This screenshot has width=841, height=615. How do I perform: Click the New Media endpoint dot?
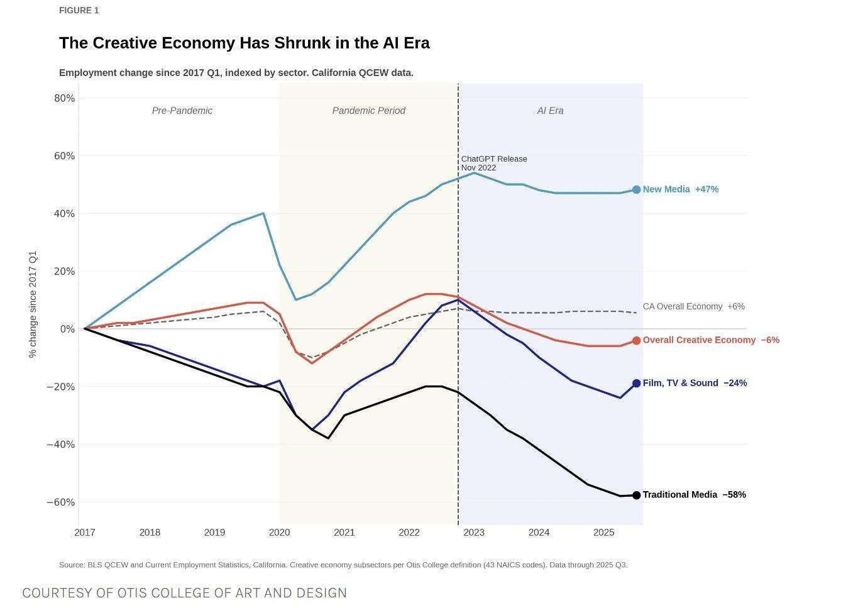[x=636, y=189]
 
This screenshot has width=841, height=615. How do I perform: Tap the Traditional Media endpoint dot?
[x=636, y=496]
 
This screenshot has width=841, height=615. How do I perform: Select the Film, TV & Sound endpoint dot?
[x=636, y=383]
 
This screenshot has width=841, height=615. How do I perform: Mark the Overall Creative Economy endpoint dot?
[x=636, y=340]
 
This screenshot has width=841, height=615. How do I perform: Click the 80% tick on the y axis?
[x=64, y=98]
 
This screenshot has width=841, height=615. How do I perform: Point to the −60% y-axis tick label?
[x=60, y=502]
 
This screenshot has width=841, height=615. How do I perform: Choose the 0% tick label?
[x=67, y=329]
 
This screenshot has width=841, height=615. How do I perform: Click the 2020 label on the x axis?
[x=279, y=533]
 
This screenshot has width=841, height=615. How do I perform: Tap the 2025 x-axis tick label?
[x=603, y=533]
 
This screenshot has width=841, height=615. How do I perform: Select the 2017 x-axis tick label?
[x=85, y=533]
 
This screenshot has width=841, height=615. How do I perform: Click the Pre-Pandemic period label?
[x=182, y=111]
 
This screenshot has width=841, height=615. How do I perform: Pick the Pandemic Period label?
[x=368, y=111]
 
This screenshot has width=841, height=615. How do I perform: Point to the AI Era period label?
[x=550, y=111]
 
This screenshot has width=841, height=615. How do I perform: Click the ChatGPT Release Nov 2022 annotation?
[x=493, y=163]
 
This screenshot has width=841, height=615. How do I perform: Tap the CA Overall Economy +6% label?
[x=693, y=306]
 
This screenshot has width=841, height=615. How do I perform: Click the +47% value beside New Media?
[x=706, y=189]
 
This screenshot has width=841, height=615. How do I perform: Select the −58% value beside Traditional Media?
[x=734, y=495]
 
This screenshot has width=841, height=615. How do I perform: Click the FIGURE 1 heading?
[x=79, y=10]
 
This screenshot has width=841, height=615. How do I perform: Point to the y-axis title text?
[x=33, y=304]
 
